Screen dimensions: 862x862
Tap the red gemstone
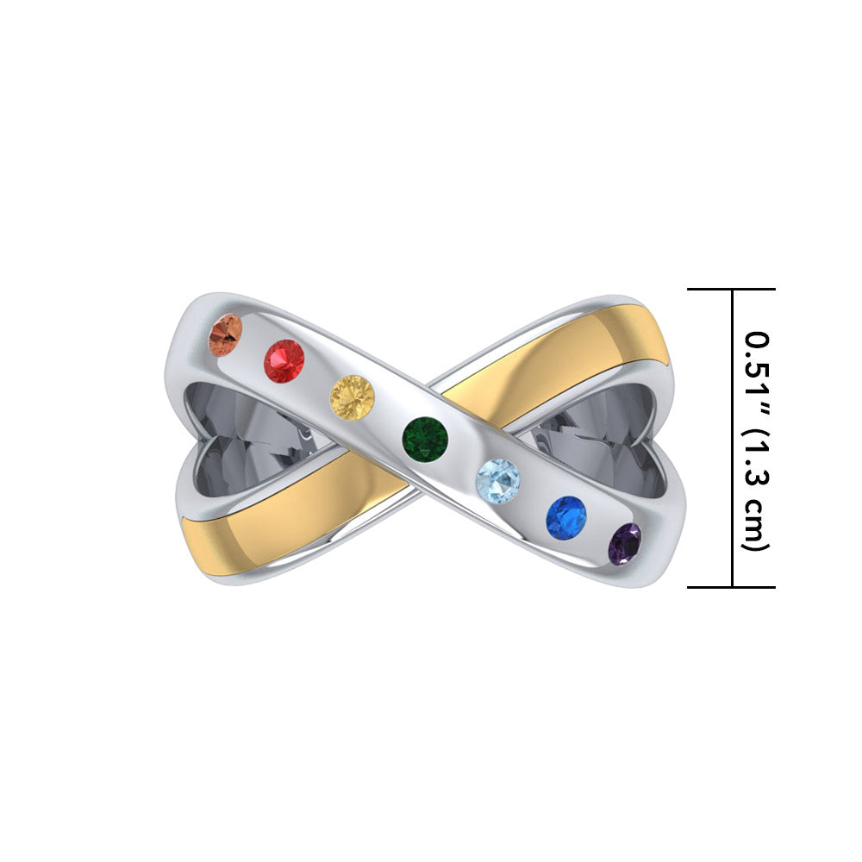tap(284, 360)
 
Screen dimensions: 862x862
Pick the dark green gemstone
tap(425, 437)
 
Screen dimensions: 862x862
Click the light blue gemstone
tap(498, 479)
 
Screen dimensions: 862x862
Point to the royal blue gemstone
tap(565, 518)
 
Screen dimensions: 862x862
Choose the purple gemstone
tap(625, 544)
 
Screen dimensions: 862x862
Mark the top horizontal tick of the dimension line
tap(731, 290)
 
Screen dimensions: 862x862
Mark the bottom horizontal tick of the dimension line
tap(731, 587)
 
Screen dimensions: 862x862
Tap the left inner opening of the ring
tap(250, 431)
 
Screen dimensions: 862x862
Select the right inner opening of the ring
tap(603, 440)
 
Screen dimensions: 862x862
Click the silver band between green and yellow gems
tap(389, 417)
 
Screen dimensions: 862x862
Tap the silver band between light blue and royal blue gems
tap(532, 498)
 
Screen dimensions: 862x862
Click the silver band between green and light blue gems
tap(462, 458)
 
